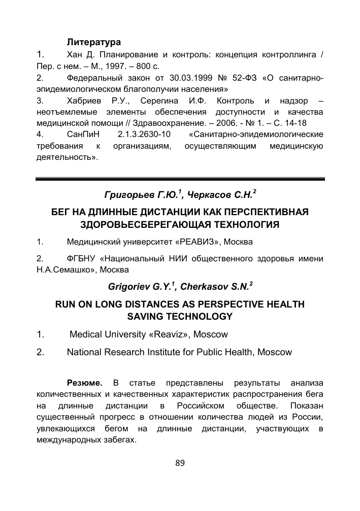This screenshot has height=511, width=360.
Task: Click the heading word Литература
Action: [x=94, y=42]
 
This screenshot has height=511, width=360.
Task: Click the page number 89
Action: [x=180, y=462]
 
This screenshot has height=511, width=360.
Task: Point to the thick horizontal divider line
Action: [x=180, y=179]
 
